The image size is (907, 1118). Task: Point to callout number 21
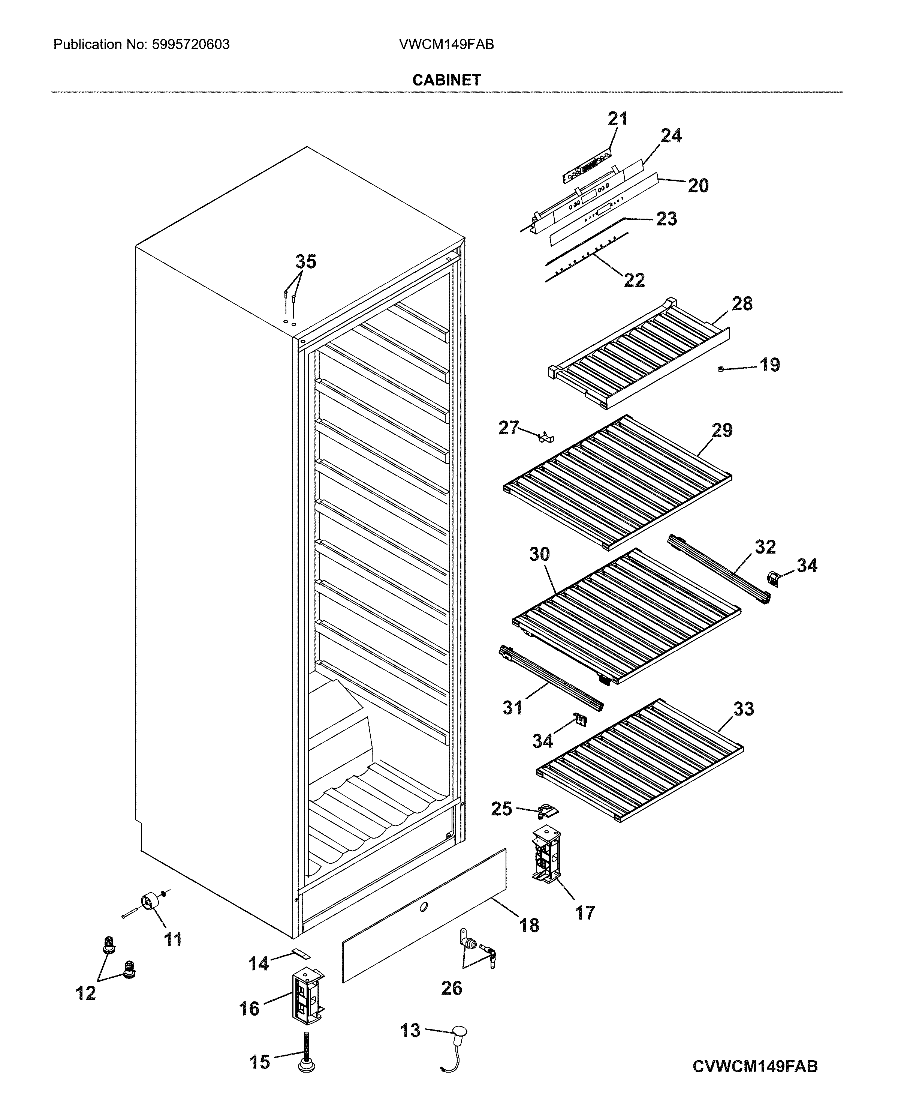[x=618, y=119]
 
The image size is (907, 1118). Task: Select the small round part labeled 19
[x=721, y=369]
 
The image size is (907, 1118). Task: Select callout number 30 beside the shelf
[x=539, y=554]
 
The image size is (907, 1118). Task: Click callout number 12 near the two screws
[x=86, y=993]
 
